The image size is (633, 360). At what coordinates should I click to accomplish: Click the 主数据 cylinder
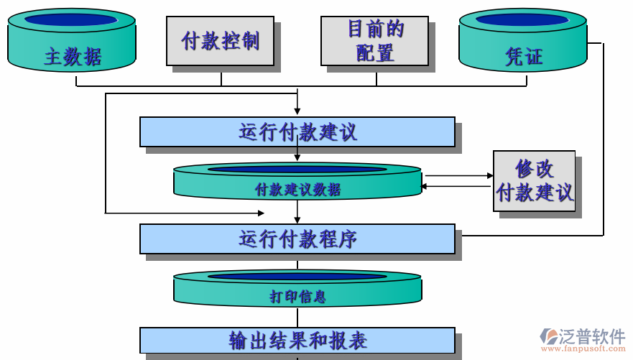pos(72,43)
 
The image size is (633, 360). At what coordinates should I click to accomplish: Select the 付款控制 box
pos(220,41)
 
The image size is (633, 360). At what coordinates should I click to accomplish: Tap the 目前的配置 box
pos(374,41)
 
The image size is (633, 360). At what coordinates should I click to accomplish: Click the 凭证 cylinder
pos(523,43)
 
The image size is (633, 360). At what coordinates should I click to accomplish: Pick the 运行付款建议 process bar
pos(297,131)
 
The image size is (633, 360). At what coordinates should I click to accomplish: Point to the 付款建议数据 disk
pos(297,183)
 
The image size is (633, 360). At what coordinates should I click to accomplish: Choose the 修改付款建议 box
pos(534,180)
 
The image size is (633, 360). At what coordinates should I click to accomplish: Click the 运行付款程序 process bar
pos(297,239)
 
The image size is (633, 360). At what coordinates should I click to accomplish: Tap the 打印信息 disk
pos(297,290)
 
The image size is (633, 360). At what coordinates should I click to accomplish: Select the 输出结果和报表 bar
pos(297,340)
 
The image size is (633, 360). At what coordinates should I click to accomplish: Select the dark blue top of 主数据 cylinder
pos(71,19)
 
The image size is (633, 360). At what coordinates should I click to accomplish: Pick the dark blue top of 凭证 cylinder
pos(522,19)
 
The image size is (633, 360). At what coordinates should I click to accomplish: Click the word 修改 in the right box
pos(535,168)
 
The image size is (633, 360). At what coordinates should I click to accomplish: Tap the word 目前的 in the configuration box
pos(375,29)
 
